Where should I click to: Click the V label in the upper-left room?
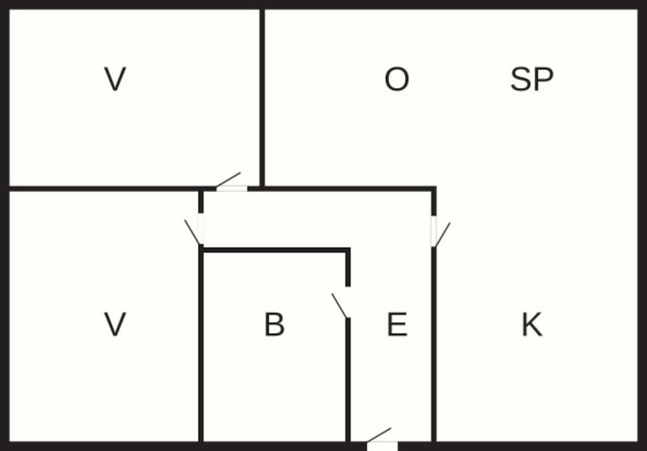point(115,79)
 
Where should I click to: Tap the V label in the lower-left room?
point(115,324)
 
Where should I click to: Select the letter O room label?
point(397,79)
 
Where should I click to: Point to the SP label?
point(531,79)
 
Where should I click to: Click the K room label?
point(532,325)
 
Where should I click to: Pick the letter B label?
point(274,325)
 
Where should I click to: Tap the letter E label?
point(397,325)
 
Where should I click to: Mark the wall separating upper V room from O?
point(262,98)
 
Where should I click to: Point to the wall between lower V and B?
point(201,344)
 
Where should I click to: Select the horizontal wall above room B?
point(276,250)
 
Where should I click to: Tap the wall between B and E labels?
point(348,380)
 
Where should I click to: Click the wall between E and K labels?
point(433,344)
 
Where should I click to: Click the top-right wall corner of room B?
point(348,250)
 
